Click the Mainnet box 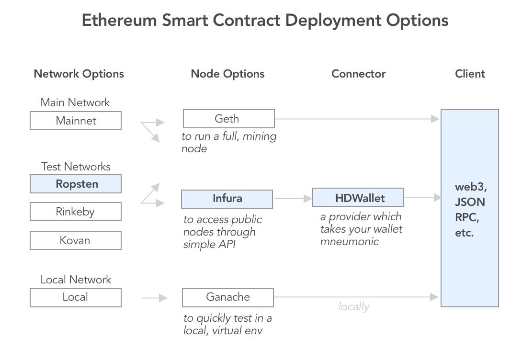click(x=76, y=121)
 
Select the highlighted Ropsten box click(x=76, y=184)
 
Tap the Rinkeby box click(x=76, y=212)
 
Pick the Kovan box click(x=76, y=240)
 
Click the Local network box click(x=76, y=297)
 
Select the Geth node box click(x=228, y=119)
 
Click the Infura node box click(x=227, y=199)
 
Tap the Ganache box click(x=228, y=297)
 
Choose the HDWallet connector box click(x=358, y=197)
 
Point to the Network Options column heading click(x=79, y=74)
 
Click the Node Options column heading click(x=227, y=74)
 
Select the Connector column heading click(x=358, y=74)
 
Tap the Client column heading click(x=470, y=74)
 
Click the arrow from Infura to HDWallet click(x=293, y=198)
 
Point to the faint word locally click(x=353, y=307)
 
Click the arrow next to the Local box click(x=154, y=298)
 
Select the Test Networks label click(x=76, y=167)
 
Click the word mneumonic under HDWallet click(x=349, y=241)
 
